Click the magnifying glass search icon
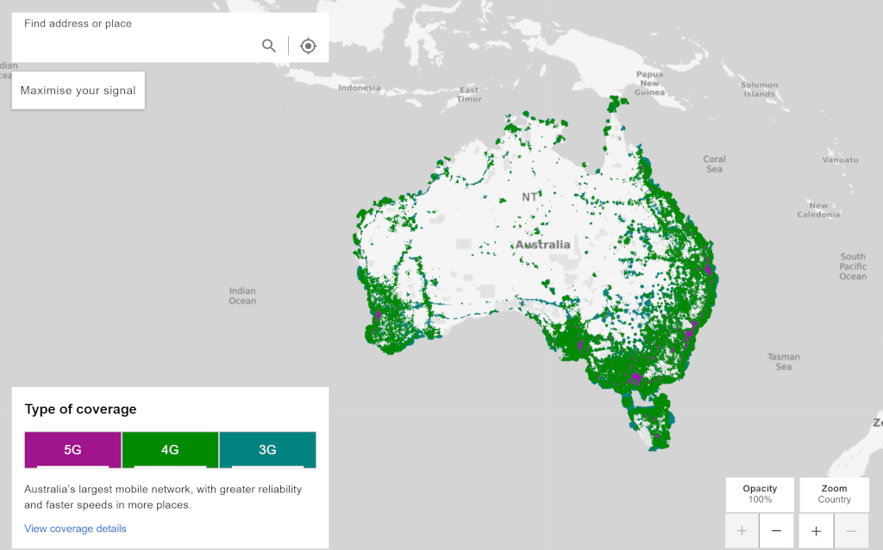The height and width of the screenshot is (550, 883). point(269,46)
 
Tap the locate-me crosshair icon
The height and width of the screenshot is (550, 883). point(308,46)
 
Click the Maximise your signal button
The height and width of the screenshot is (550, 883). point(78,91)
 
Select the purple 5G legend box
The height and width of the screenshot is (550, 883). point(73,449)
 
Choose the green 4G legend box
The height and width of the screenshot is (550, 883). point(170,449)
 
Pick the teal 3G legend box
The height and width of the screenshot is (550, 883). point(267,449)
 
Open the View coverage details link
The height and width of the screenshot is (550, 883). point(75,528)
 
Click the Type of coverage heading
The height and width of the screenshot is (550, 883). point(80,409)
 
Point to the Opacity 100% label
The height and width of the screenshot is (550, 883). point(759,494)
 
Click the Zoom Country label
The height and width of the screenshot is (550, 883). point(834,494)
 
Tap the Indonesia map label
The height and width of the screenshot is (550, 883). point(359,88)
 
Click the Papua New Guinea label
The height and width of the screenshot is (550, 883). point(649,83)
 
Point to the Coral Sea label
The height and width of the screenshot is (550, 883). point(714,164)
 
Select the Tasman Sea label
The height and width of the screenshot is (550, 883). point(784,361)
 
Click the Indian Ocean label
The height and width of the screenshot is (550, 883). point(242,296)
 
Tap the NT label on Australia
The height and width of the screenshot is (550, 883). point(529,197)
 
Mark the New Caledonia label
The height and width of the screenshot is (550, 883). point(818,210)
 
